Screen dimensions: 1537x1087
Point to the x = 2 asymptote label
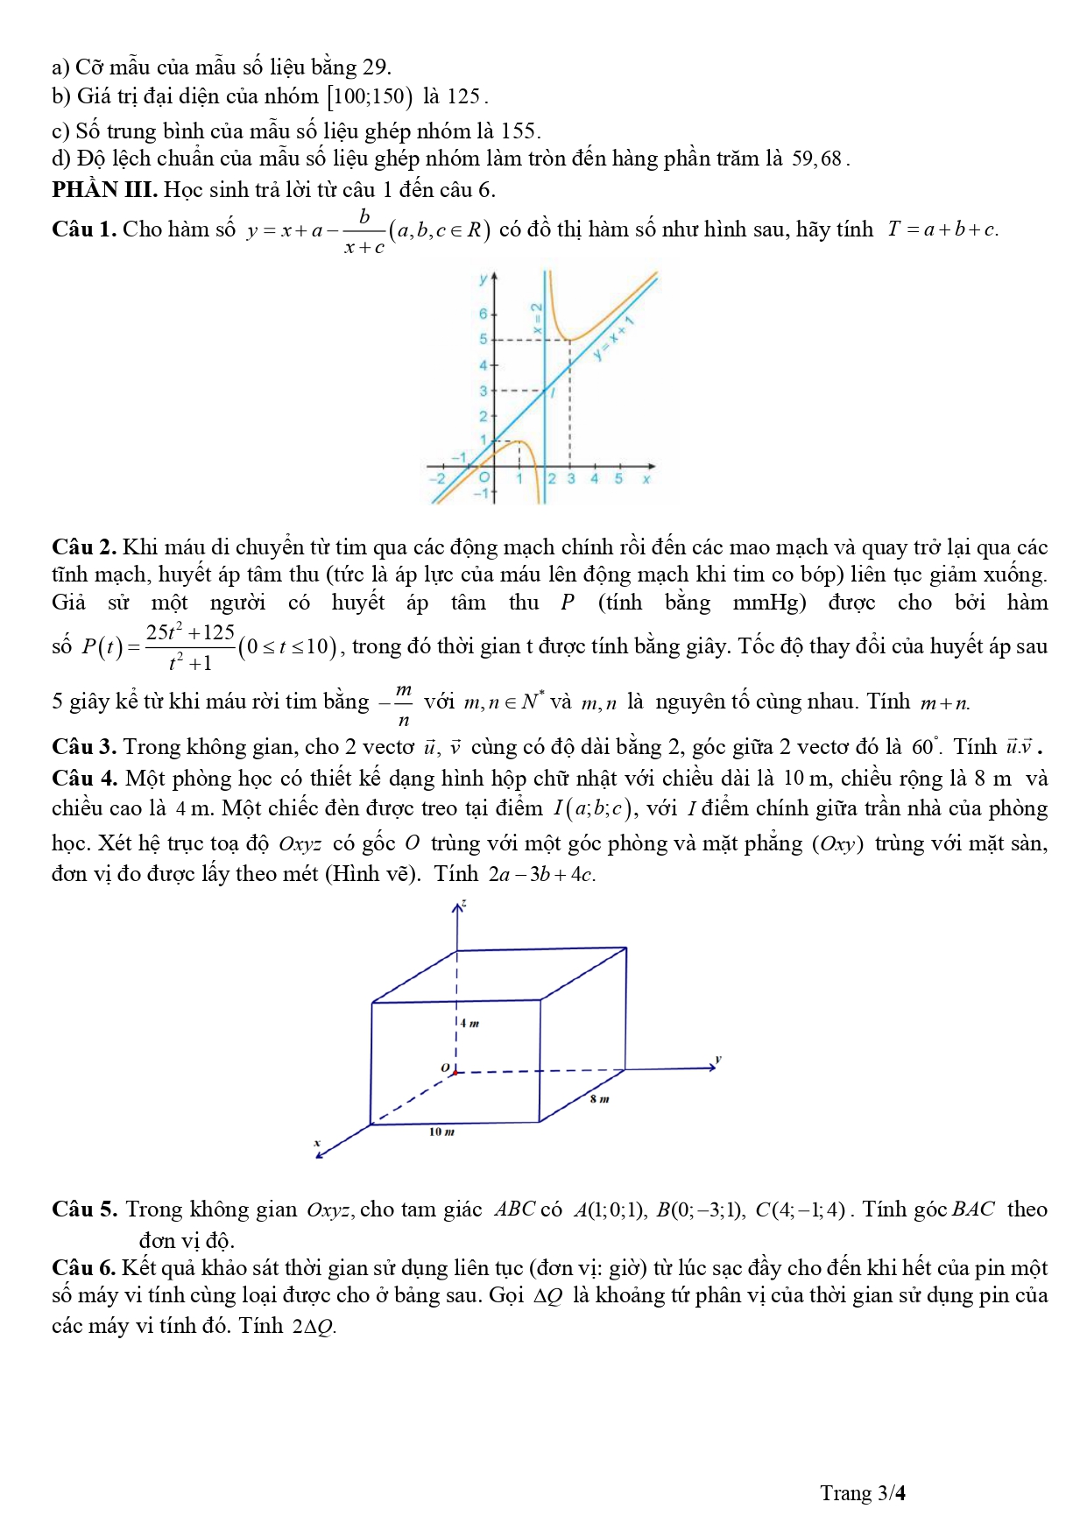[538, 320]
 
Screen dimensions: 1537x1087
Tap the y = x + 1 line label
[612, 340]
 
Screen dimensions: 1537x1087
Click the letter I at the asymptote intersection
[553, 393]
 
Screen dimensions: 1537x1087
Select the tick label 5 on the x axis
[618, 479]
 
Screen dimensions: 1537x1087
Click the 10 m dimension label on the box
[441, 1132]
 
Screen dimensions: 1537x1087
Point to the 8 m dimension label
[599, 1098]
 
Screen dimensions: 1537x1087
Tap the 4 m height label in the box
[470, 1022]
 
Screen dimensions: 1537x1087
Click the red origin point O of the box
[455, 1072]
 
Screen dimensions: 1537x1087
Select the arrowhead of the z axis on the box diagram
[457, 907]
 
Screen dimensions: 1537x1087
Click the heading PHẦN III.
[104, 189]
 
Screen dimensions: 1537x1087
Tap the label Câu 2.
[84, 547]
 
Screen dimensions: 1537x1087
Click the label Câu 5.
[84, 1209]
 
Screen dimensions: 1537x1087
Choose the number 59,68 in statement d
[816, 159]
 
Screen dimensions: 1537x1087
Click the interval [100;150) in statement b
[369, 96]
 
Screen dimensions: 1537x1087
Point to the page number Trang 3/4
[862, 1493]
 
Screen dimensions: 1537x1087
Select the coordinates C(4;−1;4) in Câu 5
[800, 1210]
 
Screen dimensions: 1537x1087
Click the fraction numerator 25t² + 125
[190, 632]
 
